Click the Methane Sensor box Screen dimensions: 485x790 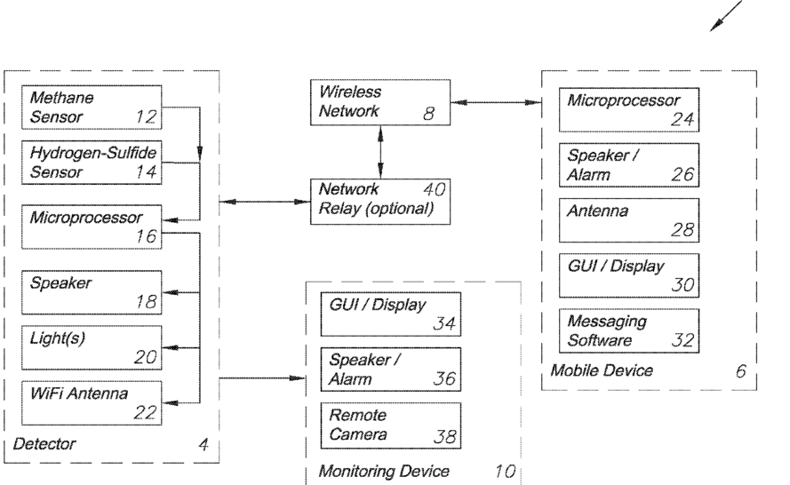(91, 107)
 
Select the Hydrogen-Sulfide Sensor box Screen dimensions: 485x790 (91, 162)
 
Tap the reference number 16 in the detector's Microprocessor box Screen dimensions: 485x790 (145, 236)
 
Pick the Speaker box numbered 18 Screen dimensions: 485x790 (91, 292)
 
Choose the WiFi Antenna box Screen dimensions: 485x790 (91, 402)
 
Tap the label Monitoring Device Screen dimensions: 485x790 (384, 471)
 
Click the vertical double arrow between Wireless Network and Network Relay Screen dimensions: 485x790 (380, 151)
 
